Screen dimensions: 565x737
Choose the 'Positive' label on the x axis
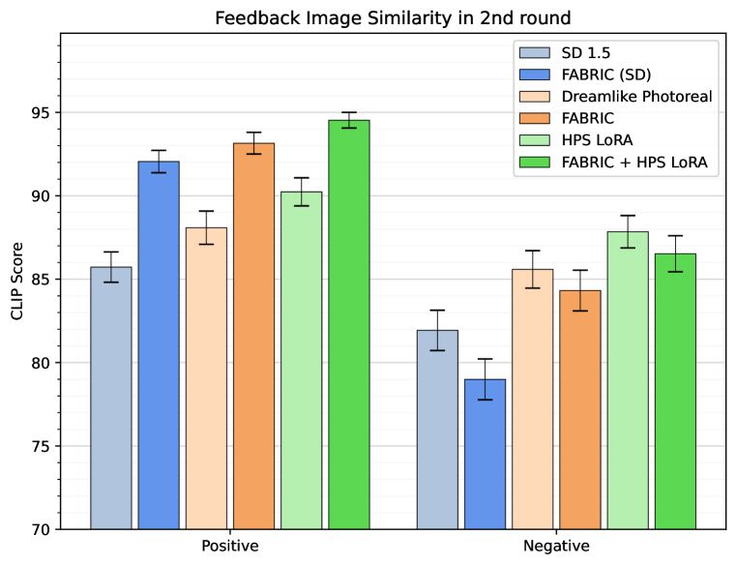[x=229, y=547]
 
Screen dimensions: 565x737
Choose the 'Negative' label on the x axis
[x=556, y=547]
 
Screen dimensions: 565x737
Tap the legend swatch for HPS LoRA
[x=535, y=141]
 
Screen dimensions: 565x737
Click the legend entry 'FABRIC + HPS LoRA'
[x=634, y=163]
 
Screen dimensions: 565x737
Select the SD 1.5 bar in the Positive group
[x=111, y=397]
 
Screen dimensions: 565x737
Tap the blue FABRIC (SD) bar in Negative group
[x=485, y=455]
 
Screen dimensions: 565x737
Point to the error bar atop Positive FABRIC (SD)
[x=159, y=162]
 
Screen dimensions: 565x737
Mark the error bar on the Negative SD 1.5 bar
[x=437, y=330]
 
